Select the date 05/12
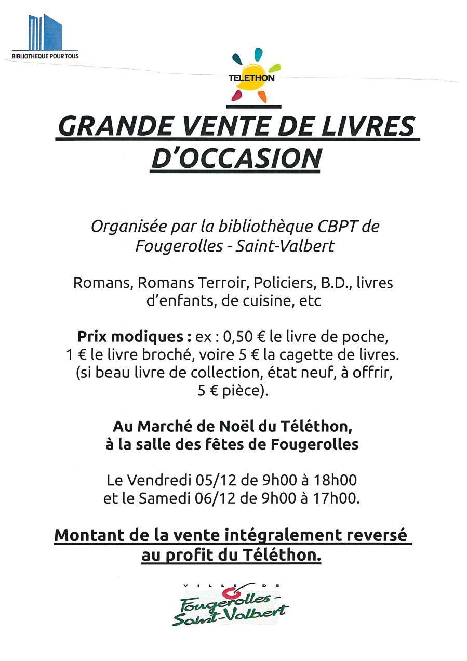212,479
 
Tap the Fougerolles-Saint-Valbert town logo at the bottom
231,604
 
